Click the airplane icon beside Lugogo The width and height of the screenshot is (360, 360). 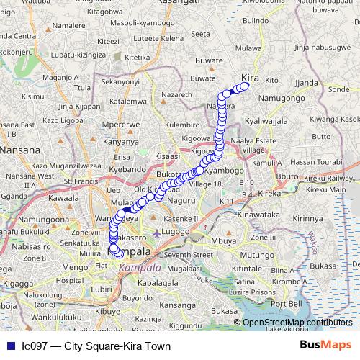pos(158,233)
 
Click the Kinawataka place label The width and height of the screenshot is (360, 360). pos(268,215)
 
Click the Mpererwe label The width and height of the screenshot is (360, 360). pos(121,124)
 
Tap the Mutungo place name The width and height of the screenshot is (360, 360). pos(256,256)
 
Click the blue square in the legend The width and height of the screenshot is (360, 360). pos(10,346)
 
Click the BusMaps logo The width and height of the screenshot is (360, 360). pos(325,346)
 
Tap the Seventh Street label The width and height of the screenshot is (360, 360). pos(188,255)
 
